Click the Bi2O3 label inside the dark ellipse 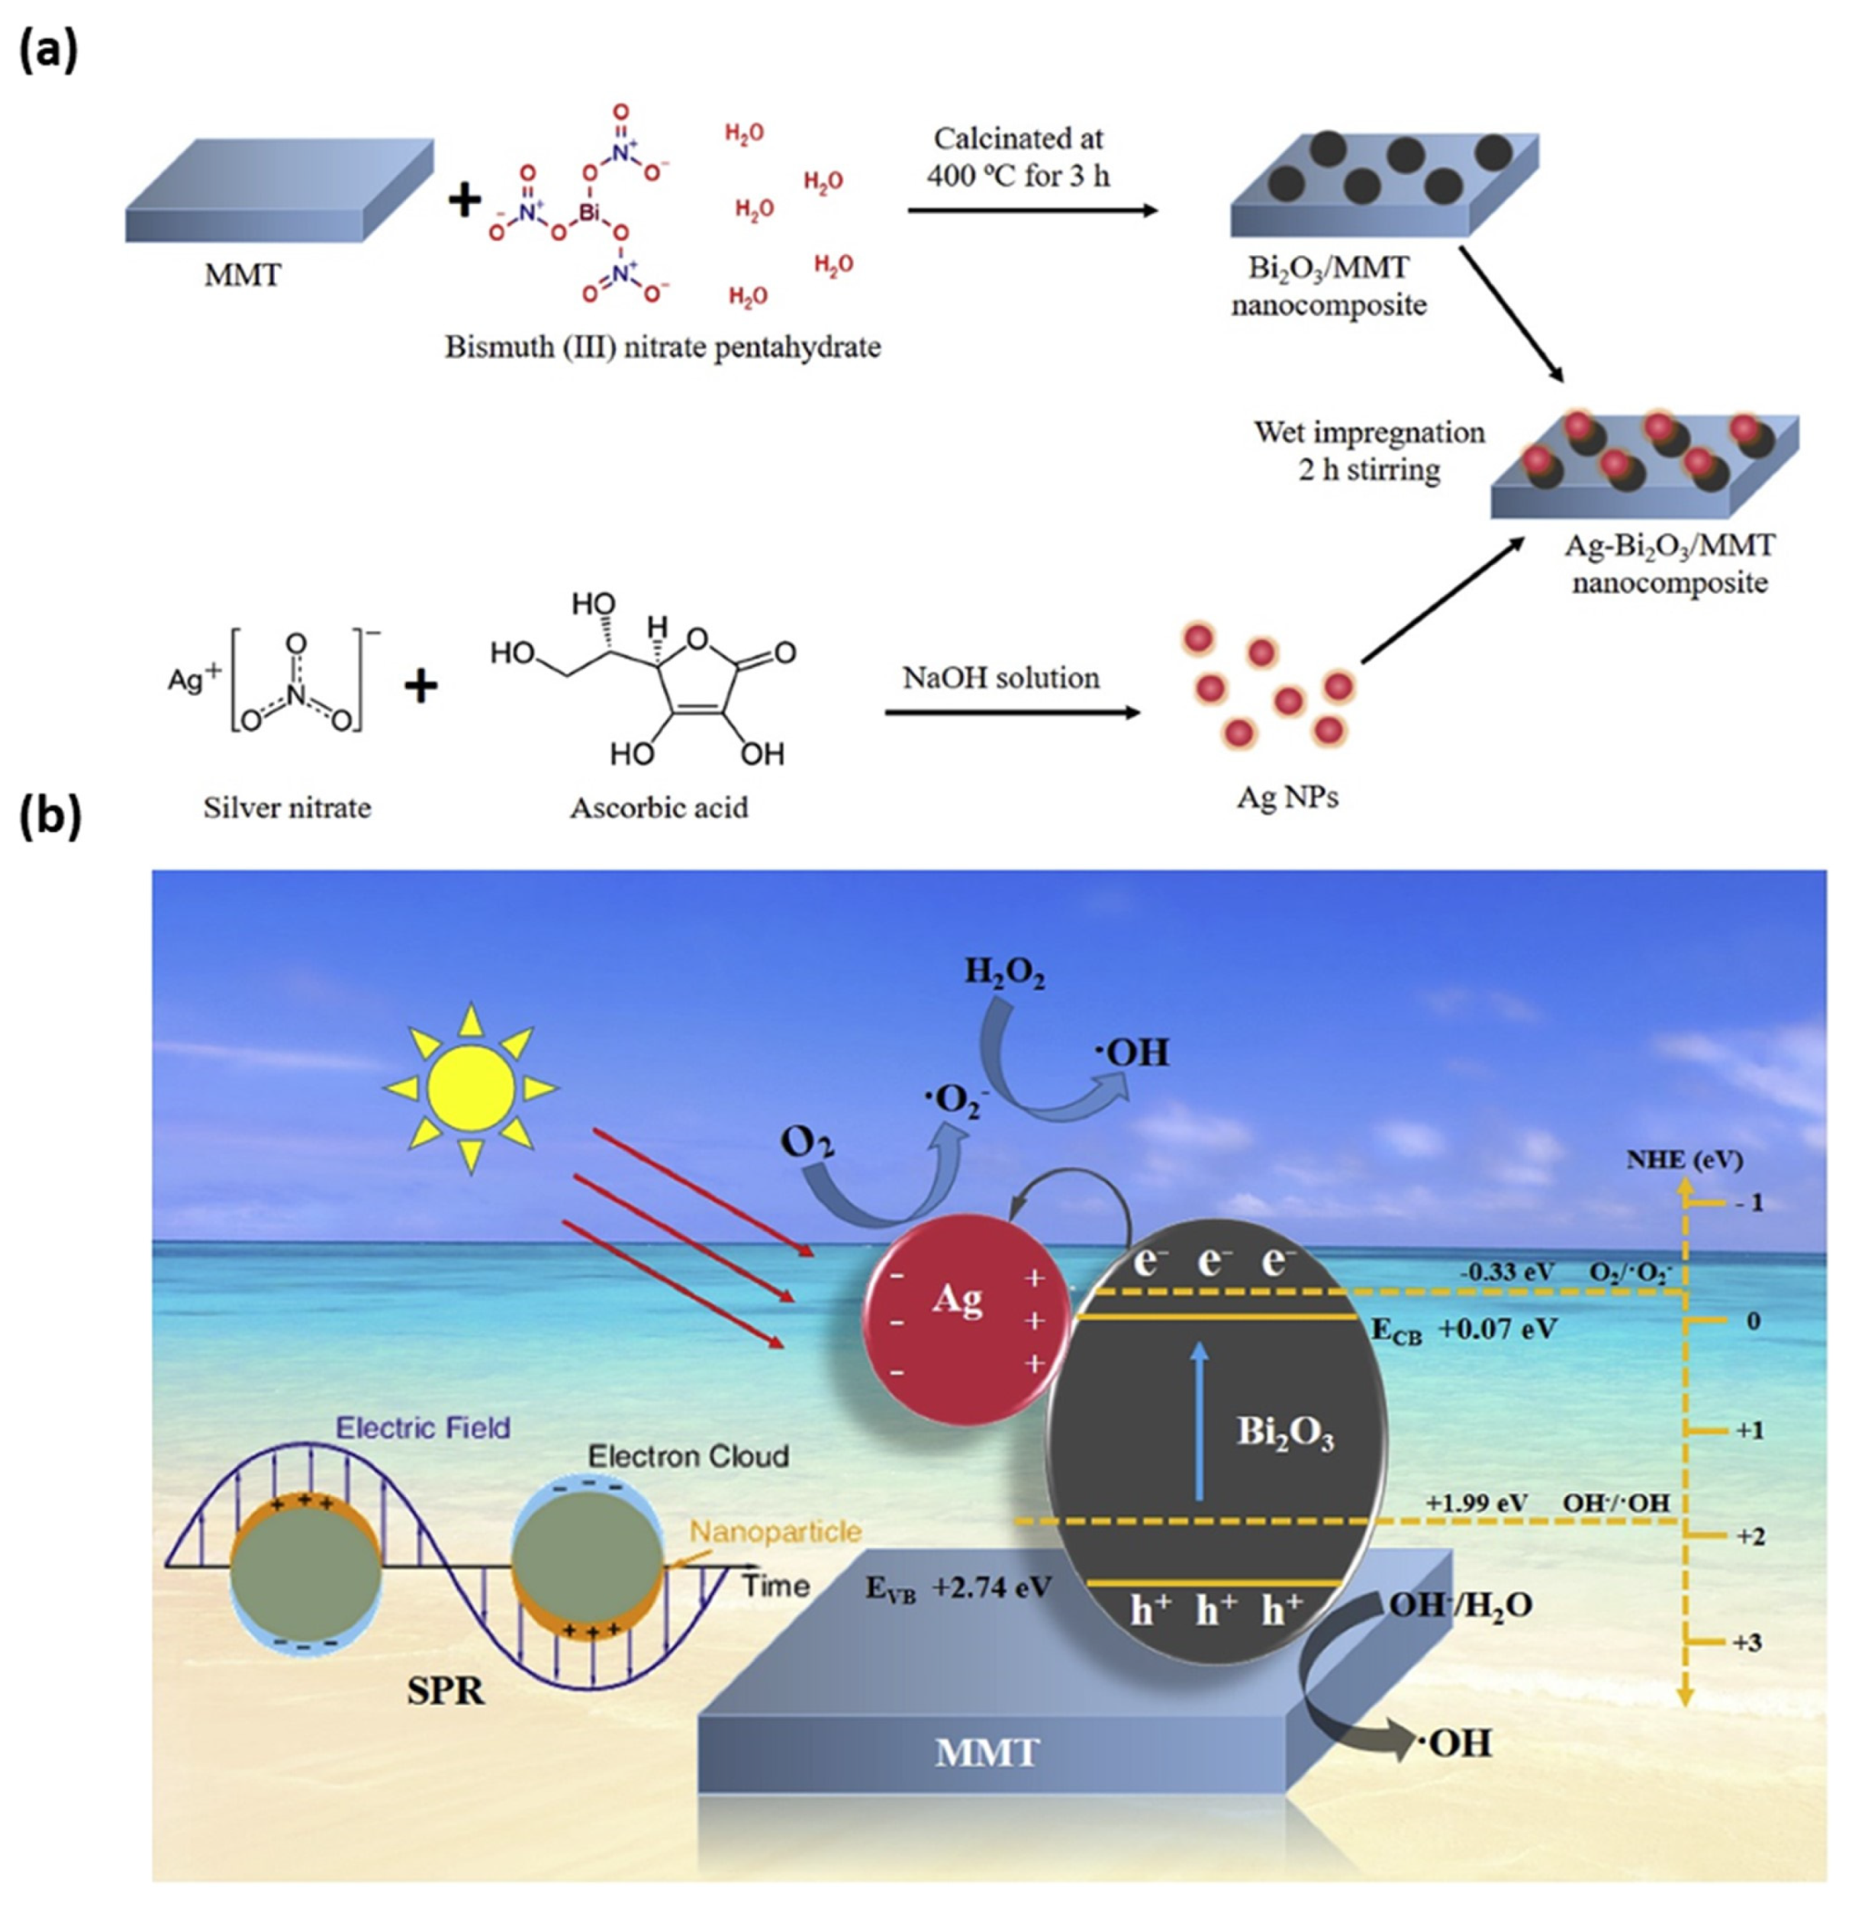(x=1284, y=1433)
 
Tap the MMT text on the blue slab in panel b (x=987, y=1752)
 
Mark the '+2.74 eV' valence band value (x=992, y=1589)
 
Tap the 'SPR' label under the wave (x=446, y=1691)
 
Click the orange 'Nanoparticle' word (x=775, y=1532)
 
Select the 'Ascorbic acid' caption (x=659, y=808)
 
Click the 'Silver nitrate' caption (x=287, y=808)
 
